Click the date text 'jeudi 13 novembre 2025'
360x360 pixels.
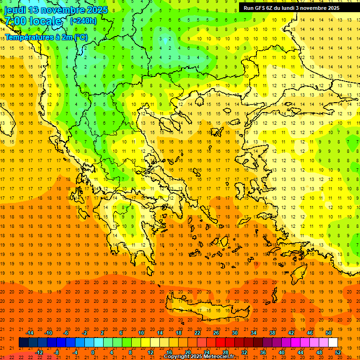56,10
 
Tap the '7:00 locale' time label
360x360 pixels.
33,21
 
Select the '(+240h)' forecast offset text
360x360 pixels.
84,21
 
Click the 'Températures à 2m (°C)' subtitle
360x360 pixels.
46,37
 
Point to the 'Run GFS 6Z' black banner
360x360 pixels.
295,7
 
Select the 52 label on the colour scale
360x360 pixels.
338,352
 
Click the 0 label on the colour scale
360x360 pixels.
93,352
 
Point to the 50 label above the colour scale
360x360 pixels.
329,333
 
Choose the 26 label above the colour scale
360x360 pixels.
216,333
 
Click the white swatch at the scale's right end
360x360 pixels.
333,343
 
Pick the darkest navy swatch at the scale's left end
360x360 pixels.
23,343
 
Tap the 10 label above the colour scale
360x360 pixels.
141,333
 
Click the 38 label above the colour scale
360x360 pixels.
272,333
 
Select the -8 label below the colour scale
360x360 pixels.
57,352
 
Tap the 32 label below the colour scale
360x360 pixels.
244,352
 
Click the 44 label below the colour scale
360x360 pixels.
300,352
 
